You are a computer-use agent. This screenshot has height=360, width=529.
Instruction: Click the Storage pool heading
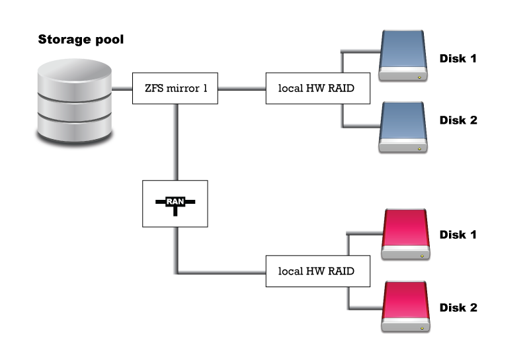coord(81,40)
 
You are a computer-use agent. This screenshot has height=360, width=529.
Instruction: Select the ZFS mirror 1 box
coord(175,88)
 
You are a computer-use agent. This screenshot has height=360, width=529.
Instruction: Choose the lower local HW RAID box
coord(317,271)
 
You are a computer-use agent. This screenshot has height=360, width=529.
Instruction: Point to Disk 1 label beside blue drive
coord(458,58)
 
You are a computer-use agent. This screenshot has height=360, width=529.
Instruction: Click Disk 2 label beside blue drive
coord(458,120)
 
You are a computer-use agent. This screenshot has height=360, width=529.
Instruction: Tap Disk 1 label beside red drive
coord(458,235)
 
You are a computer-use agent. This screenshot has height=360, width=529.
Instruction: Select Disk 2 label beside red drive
coord(458,308)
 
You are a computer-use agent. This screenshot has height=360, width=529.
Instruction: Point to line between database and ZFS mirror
coord(122,88)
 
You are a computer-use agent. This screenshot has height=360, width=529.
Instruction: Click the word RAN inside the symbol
coord(175,201)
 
